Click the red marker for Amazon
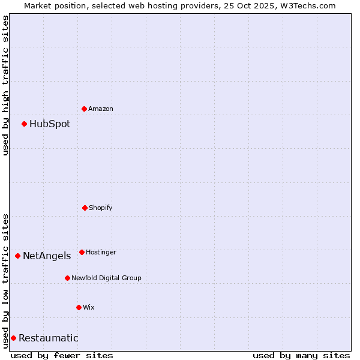pos(85,109)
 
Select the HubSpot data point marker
pos(25,124)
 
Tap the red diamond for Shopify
pos(85,208)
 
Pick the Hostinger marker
pos(82,252)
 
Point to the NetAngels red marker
pos(18,256)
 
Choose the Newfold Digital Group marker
pos(67,278)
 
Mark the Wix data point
pos(79,307)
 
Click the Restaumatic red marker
pos(13,338)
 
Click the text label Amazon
pos(101,109)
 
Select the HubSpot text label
pos(50,124)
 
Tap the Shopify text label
pos(101,208)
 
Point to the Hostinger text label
pos(101,252)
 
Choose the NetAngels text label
pos(47,256)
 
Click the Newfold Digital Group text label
pos(106,278)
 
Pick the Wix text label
pos(89,307)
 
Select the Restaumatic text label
pos(49,338)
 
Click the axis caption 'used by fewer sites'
pos(62,355)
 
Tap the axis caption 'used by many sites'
pos(301,355)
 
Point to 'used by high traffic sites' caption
pos(5,85)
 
